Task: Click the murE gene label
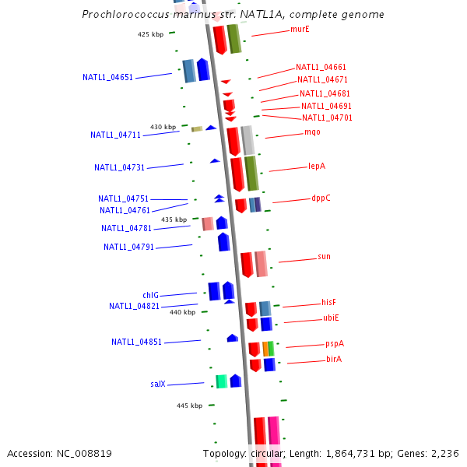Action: pos(300,29)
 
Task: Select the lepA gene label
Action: pos(317,166)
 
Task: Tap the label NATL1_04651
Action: pos(107,77)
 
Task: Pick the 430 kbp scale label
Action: pos(163,127)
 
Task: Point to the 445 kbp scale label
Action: pos(189,406)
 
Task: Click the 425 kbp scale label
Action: pos(151,34)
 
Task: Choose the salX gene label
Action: pos(158,384)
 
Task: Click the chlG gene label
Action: pos(150,295)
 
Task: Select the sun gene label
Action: pos(324,257)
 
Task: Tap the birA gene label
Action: pos(334,360)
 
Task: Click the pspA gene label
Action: pos(335,343)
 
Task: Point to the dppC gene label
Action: pos(321,198)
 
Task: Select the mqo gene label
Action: pos(312,132)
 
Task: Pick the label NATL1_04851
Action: pos(136,342)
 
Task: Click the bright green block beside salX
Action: pos(221,381)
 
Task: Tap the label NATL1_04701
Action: pos(327,118)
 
